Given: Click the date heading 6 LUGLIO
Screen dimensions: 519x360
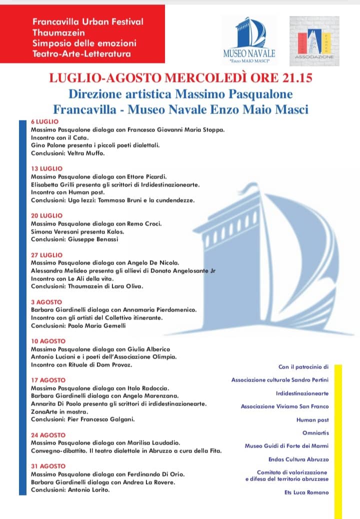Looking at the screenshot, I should coord(45,121).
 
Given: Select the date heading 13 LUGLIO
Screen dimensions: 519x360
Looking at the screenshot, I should coord(47,168).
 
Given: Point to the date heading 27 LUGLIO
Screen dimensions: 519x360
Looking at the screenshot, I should coord(47,254).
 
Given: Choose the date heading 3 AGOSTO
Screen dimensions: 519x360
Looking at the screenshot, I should coord(46,302).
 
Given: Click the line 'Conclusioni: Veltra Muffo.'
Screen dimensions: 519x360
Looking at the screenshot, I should coord(68,153).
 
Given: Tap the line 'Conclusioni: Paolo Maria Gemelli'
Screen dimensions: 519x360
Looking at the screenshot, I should coord(78,325).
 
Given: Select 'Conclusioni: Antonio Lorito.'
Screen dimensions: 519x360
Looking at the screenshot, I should coord(70,489).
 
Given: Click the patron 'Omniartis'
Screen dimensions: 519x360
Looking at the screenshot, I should coord(316,432).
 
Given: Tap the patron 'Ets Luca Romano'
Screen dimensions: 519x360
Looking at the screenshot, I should coord(306,492).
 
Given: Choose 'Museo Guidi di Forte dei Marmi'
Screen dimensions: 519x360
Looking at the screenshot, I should coord(286,445).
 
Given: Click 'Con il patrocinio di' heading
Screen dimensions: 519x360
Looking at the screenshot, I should coord(303,366).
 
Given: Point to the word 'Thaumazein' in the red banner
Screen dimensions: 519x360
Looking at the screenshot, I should coord(54,32).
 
